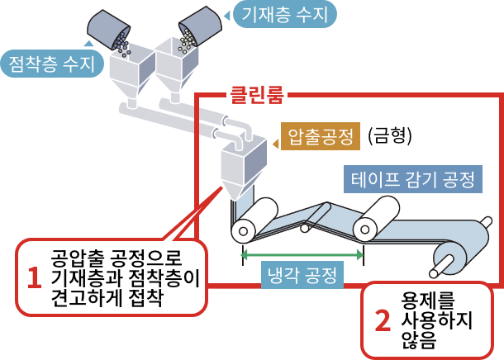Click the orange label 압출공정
tap(318, 135)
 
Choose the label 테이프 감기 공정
tap(411, 179)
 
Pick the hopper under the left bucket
tap(131, 74)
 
